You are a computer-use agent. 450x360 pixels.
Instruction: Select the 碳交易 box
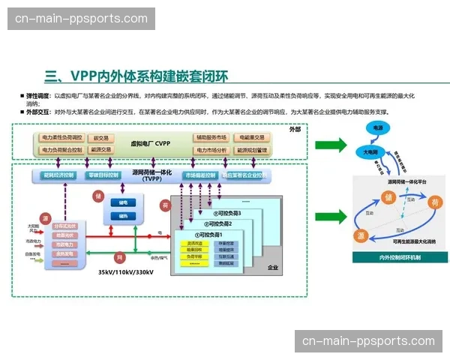tap(100, 138)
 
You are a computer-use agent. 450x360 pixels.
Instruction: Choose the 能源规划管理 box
tap(252, 150)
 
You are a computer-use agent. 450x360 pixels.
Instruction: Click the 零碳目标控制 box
tap(103, 175)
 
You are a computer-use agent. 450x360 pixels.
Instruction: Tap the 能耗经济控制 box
tap(59, 175)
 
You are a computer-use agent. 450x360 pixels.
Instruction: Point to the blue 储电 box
tap(122, 202)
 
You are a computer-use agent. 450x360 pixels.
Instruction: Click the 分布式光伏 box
tap(65, 226)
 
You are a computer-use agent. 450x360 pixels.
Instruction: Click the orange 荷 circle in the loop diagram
tap(433, 201)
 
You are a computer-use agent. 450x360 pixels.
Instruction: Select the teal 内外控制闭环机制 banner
tap(400, 257)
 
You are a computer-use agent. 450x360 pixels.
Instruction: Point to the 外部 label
tap(294, 129)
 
